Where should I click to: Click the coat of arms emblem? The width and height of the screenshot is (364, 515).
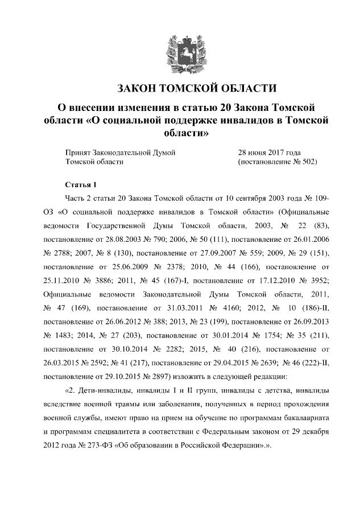(x=181, y=52)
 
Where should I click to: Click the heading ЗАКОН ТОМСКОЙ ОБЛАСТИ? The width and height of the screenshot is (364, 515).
(x=196, y=89)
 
